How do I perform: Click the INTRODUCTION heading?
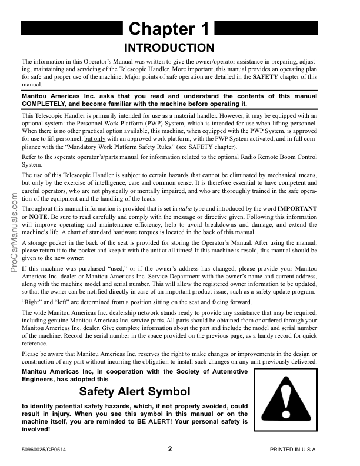tap(171, 47)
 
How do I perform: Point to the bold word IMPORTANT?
tap(298, 208)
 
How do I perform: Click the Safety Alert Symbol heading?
tap(135, 391)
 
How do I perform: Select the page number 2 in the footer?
tap(170, 449)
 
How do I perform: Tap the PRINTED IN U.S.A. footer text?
tap(294, 450)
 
